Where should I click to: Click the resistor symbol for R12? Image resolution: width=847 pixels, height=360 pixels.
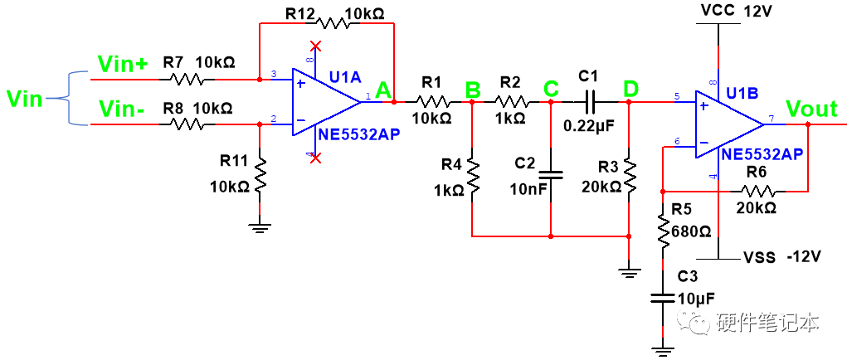[327, 23]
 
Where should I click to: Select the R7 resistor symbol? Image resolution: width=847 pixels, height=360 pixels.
[186, 80]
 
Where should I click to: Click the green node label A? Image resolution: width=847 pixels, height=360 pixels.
[383, 90]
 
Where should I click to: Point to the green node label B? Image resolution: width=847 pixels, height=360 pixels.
[472, 89]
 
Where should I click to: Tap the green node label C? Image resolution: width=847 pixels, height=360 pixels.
[551, 88]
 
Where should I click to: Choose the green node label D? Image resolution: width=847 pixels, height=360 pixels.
[630, 88]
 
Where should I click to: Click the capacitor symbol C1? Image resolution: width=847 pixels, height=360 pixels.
[589, 102]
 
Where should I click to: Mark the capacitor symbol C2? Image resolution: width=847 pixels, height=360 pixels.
[551, 175]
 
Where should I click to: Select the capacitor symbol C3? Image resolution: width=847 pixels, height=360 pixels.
[662, 297]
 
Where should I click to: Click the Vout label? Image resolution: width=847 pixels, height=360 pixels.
[812, 109]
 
